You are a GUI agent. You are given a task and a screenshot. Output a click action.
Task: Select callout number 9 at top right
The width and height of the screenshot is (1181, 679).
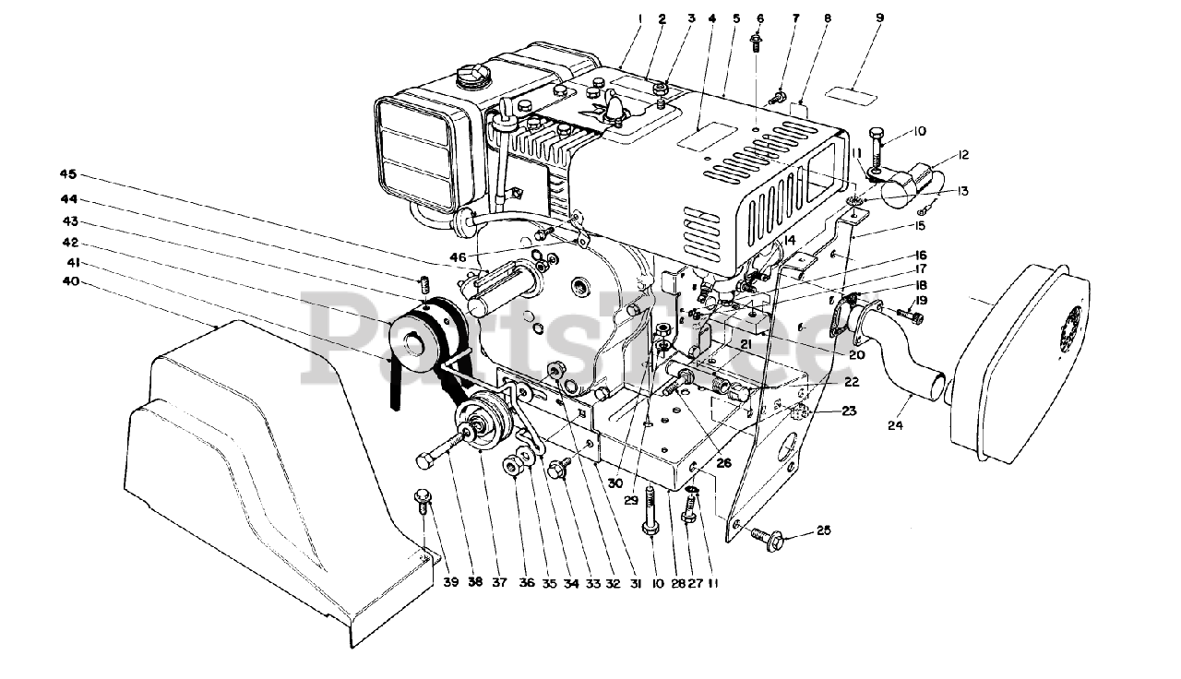[879, 18]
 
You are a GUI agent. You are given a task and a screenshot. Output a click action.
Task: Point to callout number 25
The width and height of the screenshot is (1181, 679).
[823, 530]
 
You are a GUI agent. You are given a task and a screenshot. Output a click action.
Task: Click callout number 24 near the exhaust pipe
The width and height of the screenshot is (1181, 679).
[894, 425]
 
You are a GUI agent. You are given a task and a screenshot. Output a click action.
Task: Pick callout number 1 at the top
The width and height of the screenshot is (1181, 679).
[637, 18]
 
